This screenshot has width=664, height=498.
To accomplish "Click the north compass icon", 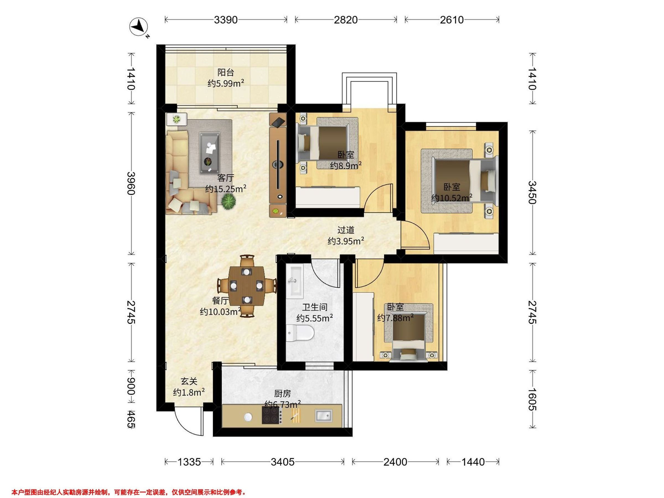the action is pos(139,27).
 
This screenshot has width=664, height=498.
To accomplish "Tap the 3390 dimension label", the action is pos(226,20).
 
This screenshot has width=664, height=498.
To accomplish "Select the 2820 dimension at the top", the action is pos(346,20).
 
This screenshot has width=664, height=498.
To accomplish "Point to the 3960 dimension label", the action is pos(131,183).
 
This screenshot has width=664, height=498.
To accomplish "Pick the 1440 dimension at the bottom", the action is pos(473,462).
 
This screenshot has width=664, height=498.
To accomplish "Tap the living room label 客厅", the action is pos(225,178).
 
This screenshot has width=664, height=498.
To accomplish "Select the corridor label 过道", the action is pos(346,230).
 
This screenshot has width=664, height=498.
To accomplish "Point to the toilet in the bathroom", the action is pos(300,333).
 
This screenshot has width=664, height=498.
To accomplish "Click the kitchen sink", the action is pos(324,416).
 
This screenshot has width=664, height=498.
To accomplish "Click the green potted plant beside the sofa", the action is pos(229,201).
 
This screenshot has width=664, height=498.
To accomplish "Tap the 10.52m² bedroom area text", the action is pos(452,198).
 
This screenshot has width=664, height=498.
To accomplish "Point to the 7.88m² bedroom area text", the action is pos(395,318).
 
